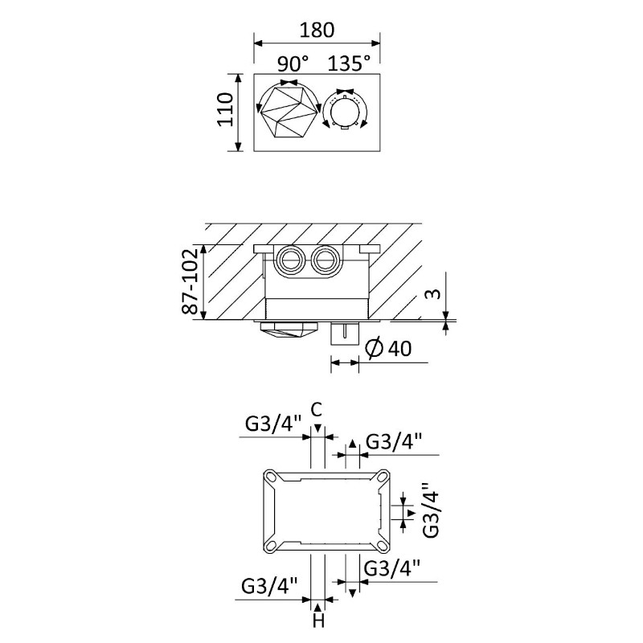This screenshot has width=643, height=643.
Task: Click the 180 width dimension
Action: pyautogui.click(x=317, y=31)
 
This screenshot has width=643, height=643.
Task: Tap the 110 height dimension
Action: pyautogui.click(x=225, y=109)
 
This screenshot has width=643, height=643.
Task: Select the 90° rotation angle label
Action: pyautogui.click(x=293, y=63)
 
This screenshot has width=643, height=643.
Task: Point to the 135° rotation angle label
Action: pyautogui.click(x=349, y=63)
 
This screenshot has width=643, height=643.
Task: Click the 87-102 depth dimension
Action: pyautogui.click(x=190, y=281)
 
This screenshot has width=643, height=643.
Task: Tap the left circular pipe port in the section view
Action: pyautogui.click(x=289, y=260)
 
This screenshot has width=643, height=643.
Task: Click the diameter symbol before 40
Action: pyautogui.click(x=374, y=349)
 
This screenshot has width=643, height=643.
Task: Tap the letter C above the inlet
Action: pyautogui.click(x=317, y=409)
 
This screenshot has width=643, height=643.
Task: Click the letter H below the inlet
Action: pyautogui.click(x=318, y=620)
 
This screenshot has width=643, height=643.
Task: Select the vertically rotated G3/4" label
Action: pyautogui.click(x=431, y=510)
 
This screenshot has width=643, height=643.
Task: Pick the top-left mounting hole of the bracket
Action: pyautogui.click(x=272, y=477)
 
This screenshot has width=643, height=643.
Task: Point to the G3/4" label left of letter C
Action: pyautogui.click(x=273, y=424)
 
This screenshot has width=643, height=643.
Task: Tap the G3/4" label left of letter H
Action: pyautogui.click(x=269, y=586)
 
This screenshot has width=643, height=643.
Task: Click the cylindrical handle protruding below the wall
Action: pyautogui.click(x=346, y=333)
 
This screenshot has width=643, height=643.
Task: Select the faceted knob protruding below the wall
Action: pyautogui.click(x=289, y=330)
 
